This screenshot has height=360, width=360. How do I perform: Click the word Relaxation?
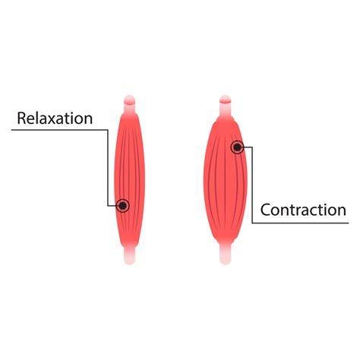click(55, 118)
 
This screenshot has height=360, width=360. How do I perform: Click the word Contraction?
click(304, 210)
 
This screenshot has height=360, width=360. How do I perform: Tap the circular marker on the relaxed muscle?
click(123, 205)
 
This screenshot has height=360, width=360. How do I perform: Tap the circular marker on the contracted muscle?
click(238, 147)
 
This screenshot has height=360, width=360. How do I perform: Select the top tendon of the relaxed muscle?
click(130, 103)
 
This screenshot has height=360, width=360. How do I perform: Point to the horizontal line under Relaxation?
click(46, 131)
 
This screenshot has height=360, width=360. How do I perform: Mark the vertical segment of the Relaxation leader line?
click(109, 167)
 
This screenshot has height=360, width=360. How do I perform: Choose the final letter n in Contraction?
click(341, 211)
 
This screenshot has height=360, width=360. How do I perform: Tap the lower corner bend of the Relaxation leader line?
click(109, 205)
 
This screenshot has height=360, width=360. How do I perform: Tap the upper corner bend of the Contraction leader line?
click(252, 147)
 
